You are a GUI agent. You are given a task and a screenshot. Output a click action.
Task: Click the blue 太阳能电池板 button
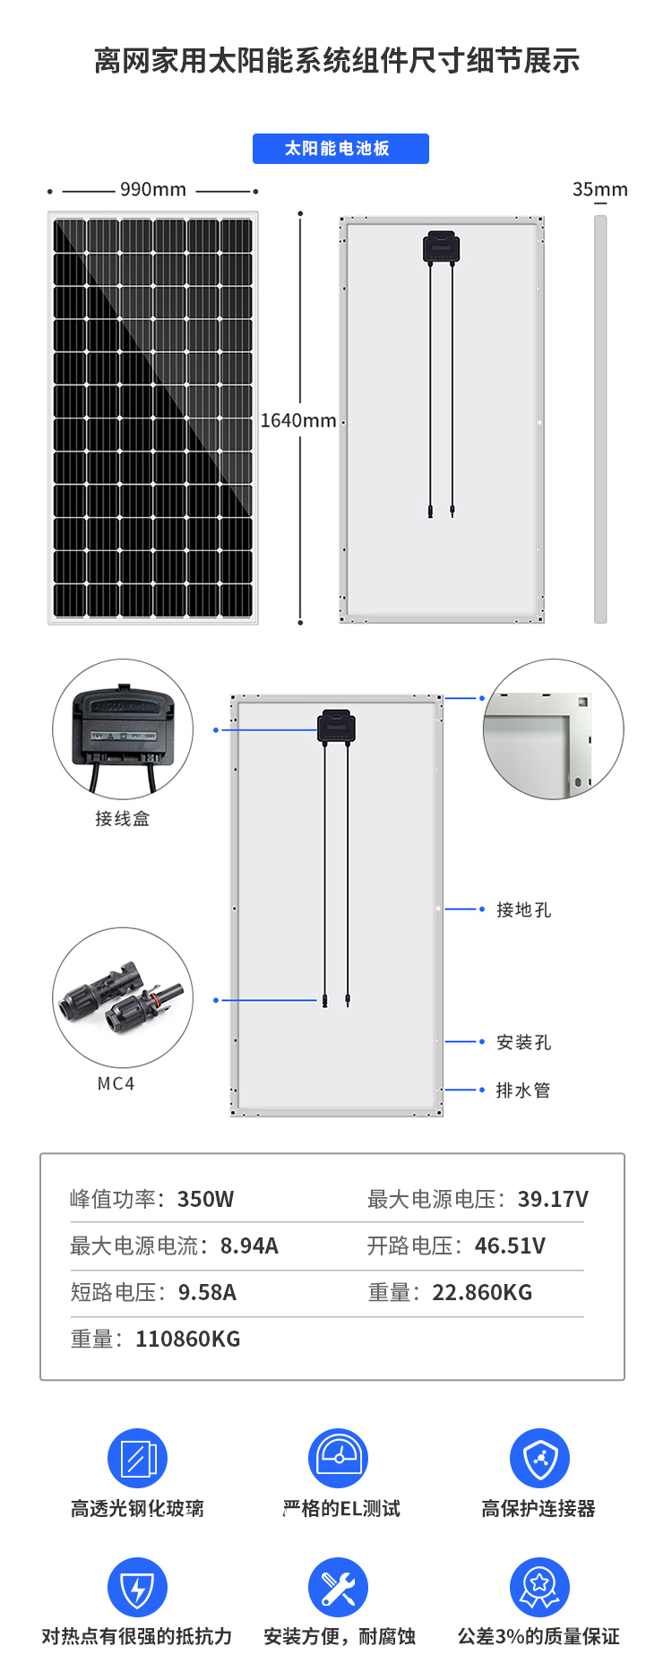pos(340,149)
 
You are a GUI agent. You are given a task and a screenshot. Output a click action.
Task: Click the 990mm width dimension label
pos(153,190)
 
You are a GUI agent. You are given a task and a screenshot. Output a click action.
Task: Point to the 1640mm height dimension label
pos(298,420)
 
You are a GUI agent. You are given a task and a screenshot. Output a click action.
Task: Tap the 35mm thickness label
pos(600,190)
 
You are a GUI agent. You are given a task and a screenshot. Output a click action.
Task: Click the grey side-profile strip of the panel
pos(600,419)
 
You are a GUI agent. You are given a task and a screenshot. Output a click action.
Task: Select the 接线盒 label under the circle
pos(123,818)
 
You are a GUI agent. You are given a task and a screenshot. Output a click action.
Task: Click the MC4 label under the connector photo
pos(116,1083)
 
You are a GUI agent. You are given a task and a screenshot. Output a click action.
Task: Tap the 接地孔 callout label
pos(524,909)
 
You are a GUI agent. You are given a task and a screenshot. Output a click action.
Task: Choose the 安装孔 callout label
pos(524,1042)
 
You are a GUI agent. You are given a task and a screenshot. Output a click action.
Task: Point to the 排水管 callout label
pos(523,1090)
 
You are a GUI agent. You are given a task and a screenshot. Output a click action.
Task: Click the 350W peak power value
pos(206,1199)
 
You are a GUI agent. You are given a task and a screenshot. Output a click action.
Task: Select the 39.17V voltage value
pos(554,1199)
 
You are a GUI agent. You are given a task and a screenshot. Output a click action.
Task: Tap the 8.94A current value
pos(250,1245)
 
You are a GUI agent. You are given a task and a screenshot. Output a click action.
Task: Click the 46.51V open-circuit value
pos(511,1245)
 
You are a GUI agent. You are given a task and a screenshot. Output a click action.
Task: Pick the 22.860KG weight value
pos(482,1292)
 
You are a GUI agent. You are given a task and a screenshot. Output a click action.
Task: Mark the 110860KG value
pos(188,1339)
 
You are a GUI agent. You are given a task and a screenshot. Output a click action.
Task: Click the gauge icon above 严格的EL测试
pos(339,1458)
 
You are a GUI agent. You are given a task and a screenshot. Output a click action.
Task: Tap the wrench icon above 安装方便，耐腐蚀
pos(339,1588)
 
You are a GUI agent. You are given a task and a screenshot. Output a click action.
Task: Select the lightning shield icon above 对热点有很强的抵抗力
pos(137,1588)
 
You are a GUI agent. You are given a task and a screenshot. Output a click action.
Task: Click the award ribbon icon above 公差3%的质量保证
pos(539,1588)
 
